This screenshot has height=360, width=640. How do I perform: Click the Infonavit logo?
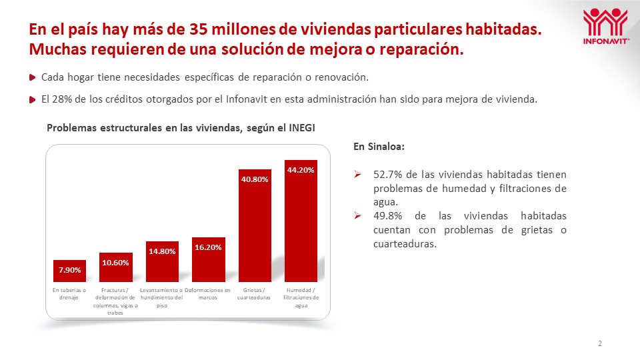(x=605, y=27)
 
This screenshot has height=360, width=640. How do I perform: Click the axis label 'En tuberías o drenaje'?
(x=69, y=294)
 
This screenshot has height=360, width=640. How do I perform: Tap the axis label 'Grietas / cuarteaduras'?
(x=255, y=294)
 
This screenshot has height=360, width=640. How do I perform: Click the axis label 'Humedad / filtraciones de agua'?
(x=301, y=298)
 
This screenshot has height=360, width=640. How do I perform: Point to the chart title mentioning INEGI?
(x=180, y=128)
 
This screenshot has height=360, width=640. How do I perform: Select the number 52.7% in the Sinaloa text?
(x=387, y=175)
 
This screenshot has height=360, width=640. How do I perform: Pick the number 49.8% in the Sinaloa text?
(x=387, y=216)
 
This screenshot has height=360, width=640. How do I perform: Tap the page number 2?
(x=600, y=344)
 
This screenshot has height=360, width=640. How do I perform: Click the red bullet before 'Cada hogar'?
(x=33, y=78)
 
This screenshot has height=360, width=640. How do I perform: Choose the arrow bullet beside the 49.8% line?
(x=358, y=216)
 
